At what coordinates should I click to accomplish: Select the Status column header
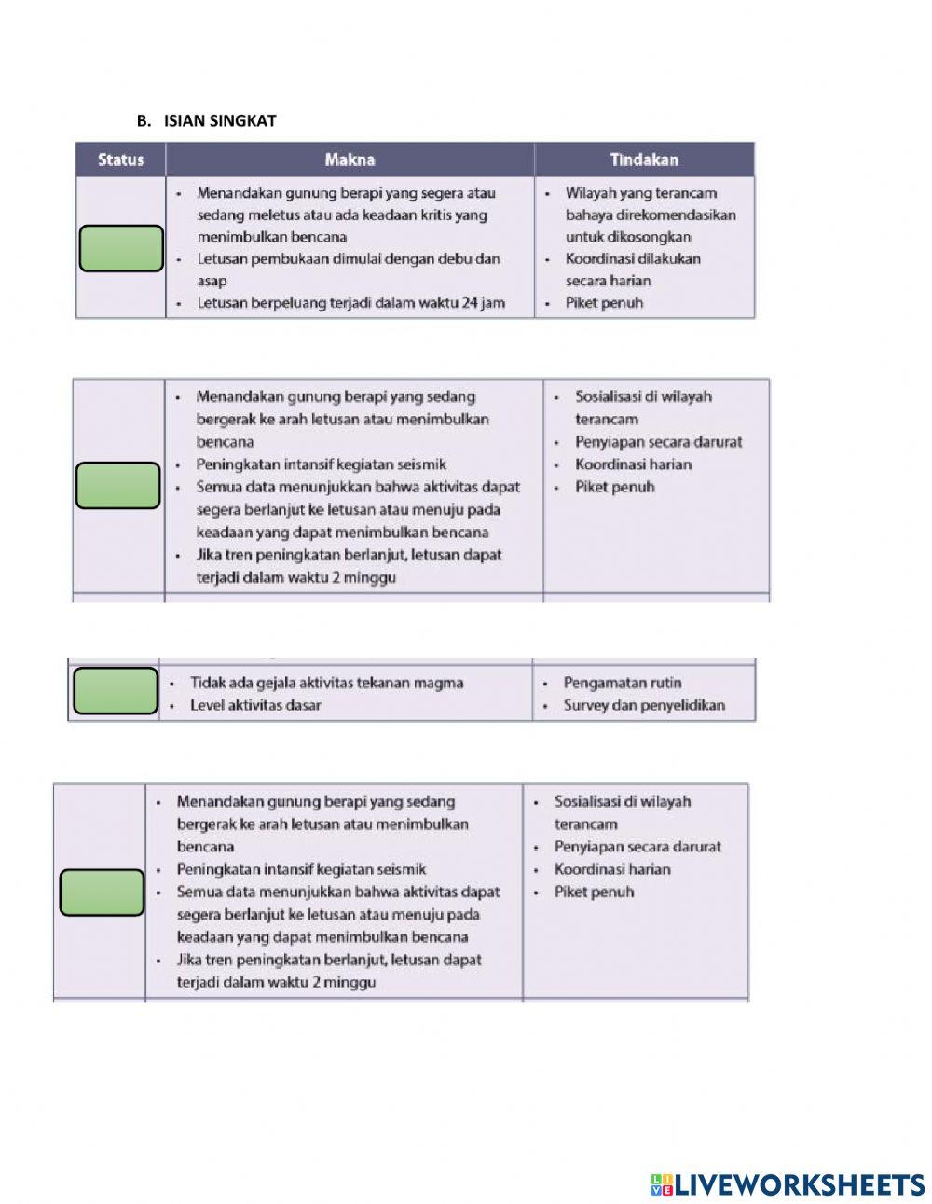pyautogui.click(x=121, y=159)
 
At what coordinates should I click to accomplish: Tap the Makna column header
pyautogui.click(x=349, y=159)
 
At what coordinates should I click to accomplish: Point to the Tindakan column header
pyautogui.click(x=644, y=159)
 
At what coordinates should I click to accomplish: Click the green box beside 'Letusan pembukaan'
pyautogui.click(x=121, y=248)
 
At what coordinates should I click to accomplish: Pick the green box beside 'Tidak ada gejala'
pyautogui.click(x=116, y=691)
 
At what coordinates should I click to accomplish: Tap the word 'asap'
pyautogui.click(x=212, y=281)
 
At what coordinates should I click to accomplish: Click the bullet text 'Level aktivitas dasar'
pyautogui.click(x=255, y=705)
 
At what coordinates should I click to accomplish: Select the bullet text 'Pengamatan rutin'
pyautogui.click(x=622, y=683)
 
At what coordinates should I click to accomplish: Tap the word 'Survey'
pyautogui.click(x=586, y=705)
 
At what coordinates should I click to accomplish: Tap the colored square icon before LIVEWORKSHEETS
pyautogui.click(x=661, y=1184)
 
